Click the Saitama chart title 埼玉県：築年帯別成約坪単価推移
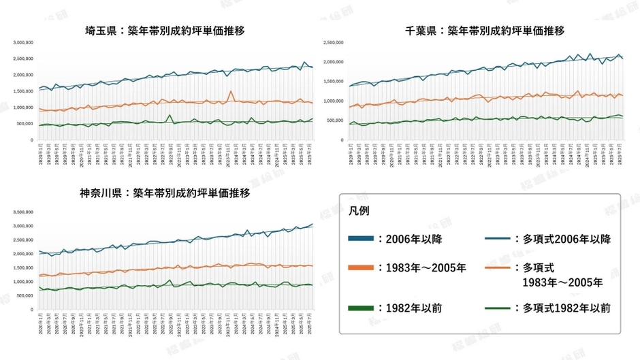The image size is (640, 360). (165, 31)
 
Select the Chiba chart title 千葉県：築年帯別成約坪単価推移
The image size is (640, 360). (485, 31)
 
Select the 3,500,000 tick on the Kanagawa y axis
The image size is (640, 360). (23, 212)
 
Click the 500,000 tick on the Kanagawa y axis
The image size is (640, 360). (25, 295)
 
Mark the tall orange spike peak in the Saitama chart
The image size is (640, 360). (231, 91)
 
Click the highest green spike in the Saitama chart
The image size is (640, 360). (169, 116)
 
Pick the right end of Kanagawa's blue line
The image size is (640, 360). (313, 224)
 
